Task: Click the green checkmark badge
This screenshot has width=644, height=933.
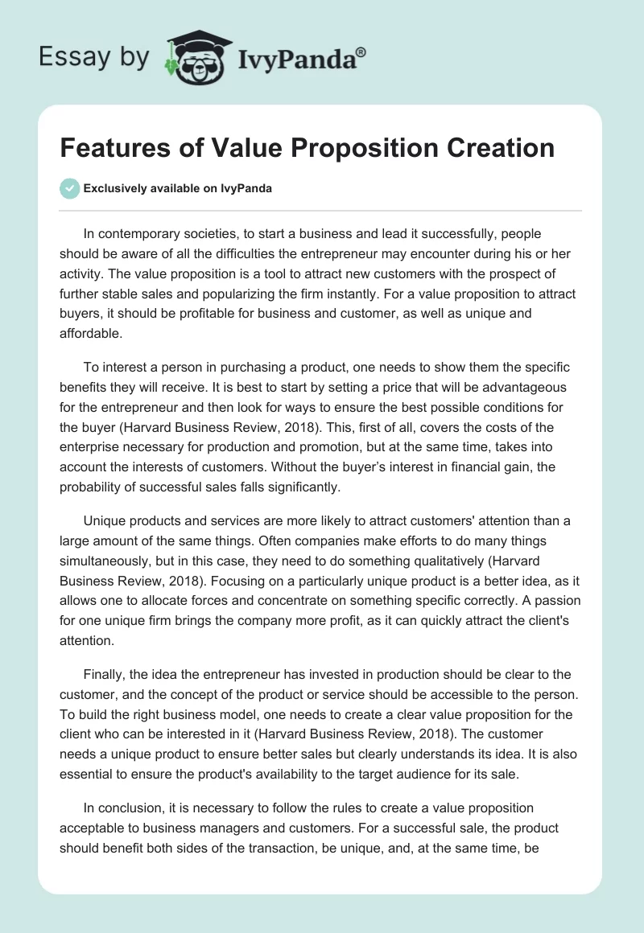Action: pos(70,188)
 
